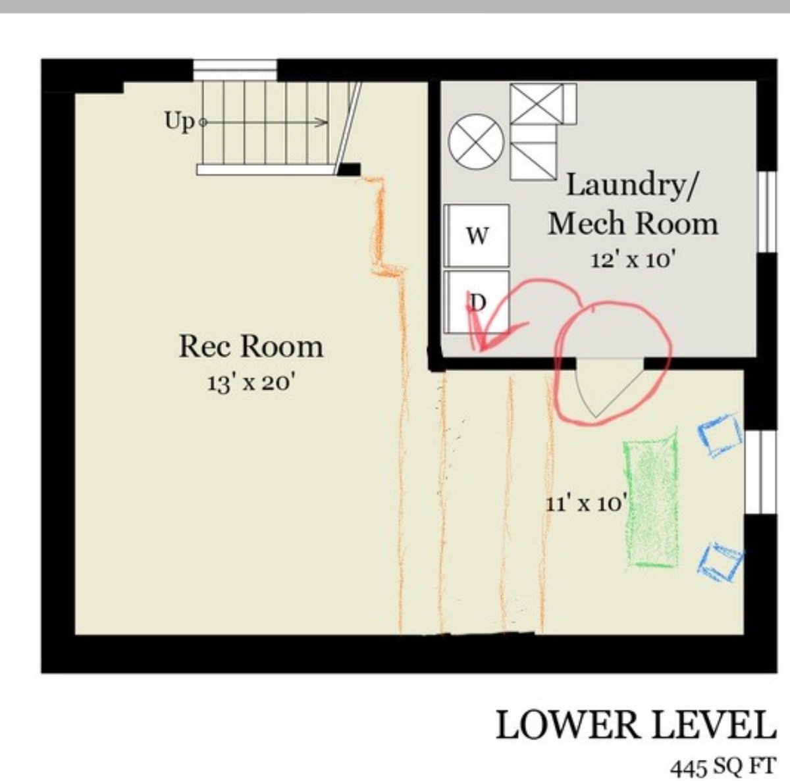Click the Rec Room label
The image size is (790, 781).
251,347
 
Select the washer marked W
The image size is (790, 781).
477,236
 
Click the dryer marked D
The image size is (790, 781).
477,302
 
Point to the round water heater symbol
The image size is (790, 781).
475,141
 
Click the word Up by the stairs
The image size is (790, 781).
179,122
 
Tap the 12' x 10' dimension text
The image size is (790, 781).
633,259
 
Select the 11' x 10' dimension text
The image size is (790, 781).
587,503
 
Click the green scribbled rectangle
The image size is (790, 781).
650,498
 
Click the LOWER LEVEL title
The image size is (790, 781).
635,725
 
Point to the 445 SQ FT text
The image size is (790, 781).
723,766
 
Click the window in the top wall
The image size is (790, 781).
235,70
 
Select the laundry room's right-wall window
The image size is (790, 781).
767,211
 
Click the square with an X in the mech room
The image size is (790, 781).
537,103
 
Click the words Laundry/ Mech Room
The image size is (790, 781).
633,204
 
